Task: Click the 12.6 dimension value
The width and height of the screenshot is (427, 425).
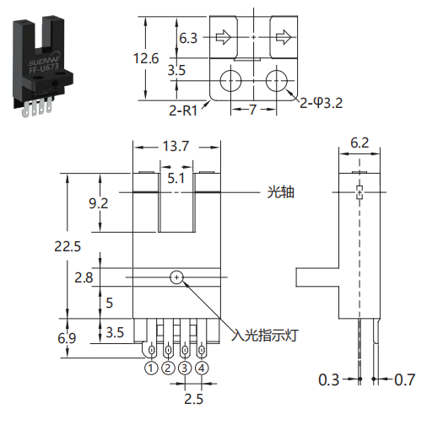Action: point(146,58)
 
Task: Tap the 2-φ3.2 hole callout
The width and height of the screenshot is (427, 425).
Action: point(321,103)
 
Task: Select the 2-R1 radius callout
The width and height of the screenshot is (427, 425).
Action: point(183,110)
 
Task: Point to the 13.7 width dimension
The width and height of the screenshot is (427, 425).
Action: point(176,146)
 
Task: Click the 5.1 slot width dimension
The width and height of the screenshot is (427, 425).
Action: point(176,178)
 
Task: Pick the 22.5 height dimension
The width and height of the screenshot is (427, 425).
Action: point(68,246)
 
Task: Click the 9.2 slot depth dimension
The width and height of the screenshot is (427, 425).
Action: point(98,203)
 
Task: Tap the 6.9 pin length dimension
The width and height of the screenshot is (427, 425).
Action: point(67,338)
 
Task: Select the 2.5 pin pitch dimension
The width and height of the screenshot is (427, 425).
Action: point(193,399)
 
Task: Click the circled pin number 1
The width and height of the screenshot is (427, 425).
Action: point(151,368)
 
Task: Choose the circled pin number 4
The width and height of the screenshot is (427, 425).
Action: point(202,368)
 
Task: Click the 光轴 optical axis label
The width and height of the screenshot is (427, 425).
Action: point(280,192)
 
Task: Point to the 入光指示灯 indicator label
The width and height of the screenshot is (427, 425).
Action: point(264,335)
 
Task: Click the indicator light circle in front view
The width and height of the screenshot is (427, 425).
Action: point(176,277)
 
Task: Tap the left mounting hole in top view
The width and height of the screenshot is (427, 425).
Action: point(230,81)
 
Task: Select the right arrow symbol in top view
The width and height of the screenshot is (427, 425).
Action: point(284,37)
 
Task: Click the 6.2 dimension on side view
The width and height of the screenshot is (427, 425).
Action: point(359,143)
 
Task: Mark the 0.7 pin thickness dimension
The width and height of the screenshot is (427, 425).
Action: point(404,379)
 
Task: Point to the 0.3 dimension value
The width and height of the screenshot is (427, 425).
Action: point(329,379)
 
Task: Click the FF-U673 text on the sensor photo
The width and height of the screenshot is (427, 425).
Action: point(44,68)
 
